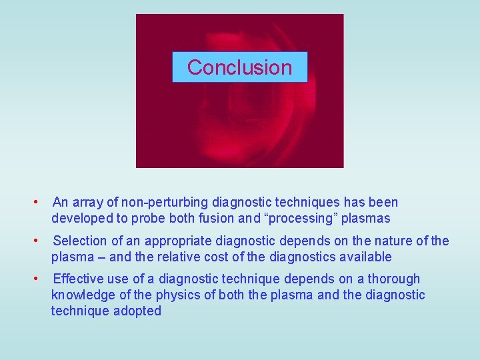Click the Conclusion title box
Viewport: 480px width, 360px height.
click(x=239, y=67)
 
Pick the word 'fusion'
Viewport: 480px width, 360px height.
click(x=219, y=218)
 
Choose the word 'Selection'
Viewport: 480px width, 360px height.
click(x=79, y=241)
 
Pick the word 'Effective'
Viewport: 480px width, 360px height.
click(x=78, y=279)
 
